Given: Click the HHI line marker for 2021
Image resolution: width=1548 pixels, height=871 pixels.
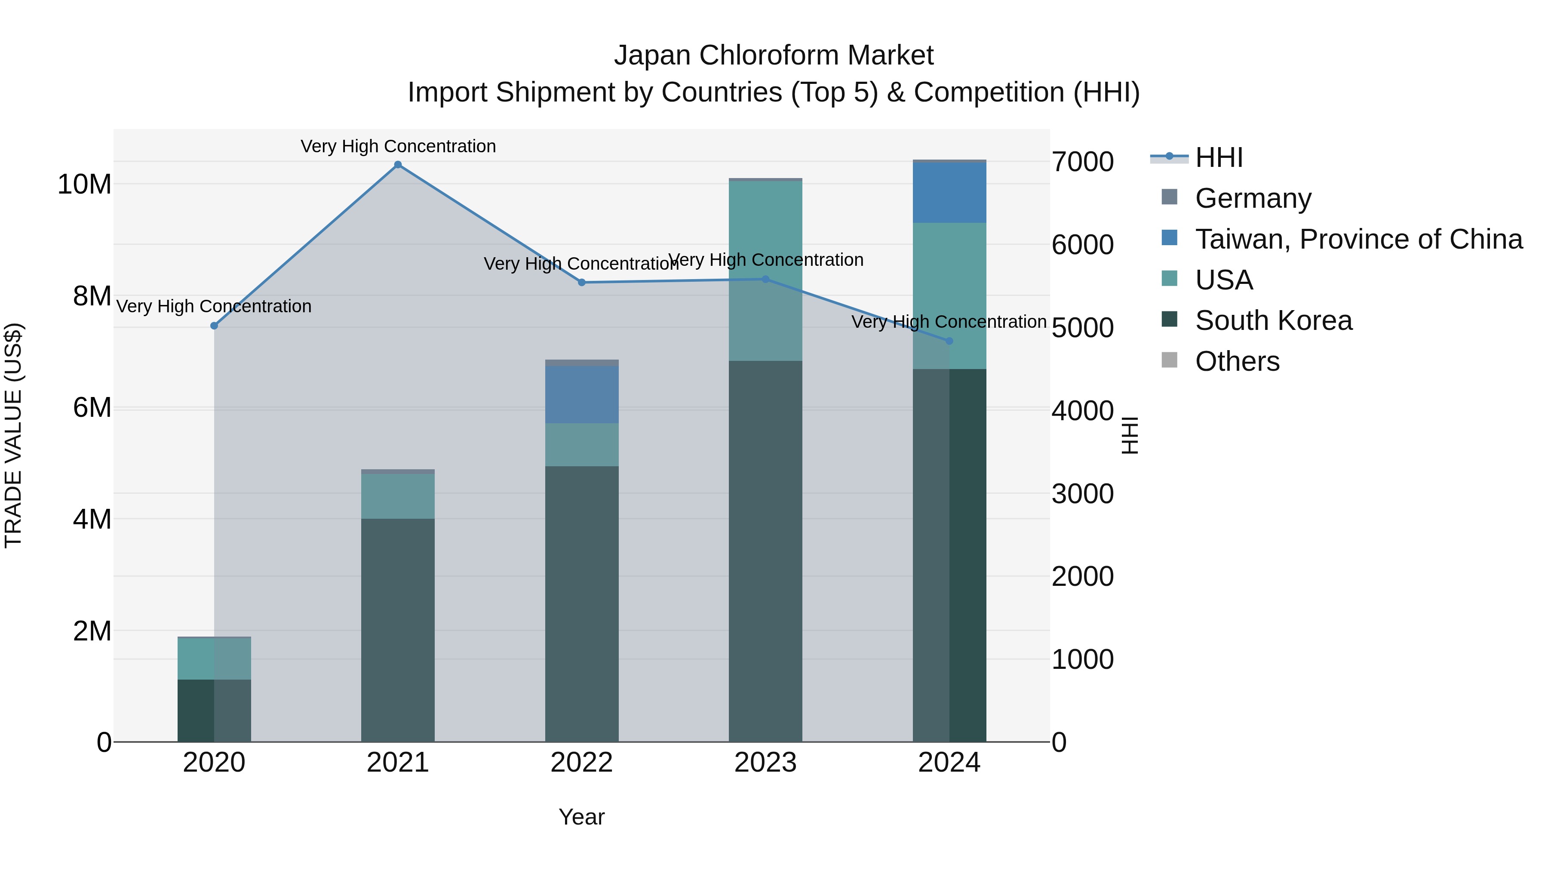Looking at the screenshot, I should [398, 165].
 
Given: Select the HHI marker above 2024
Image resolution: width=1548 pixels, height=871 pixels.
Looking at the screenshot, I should [949, 341].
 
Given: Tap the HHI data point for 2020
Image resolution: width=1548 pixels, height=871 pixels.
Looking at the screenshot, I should [214, 326].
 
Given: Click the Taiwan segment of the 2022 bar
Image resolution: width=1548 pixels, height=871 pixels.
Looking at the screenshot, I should [582, 394].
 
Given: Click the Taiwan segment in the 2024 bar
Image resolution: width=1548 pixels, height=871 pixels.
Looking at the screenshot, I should [949, 192].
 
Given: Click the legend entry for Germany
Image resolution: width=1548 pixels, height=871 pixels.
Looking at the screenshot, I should [1253, 198].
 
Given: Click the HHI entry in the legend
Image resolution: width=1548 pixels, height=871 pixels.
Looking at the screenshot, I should [1219, 157].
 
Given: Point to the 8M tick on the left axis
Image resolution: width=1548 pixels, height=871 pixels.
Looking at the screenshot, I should [92, 296].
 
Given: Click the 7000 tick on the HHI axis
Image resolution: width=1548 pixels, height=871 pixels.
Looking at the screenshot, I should [1082, 162].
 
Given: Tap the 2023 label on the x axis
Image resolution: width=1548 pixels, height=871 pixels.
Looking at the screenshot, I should [765, 763].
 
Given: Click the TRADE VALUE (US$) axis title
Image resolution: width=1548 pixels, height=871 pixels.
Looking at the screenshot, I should [13, 435].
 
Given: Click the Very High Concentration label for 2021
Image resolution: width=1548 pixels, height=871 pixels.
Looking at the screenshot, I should [398, 146].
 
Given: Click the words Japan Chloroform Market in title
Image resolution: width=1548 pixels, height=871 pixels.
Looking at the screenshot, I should [774, 55].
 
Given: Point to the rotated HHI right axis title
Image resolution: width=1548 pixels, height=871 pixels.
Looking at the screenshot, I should [1130, 435].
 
